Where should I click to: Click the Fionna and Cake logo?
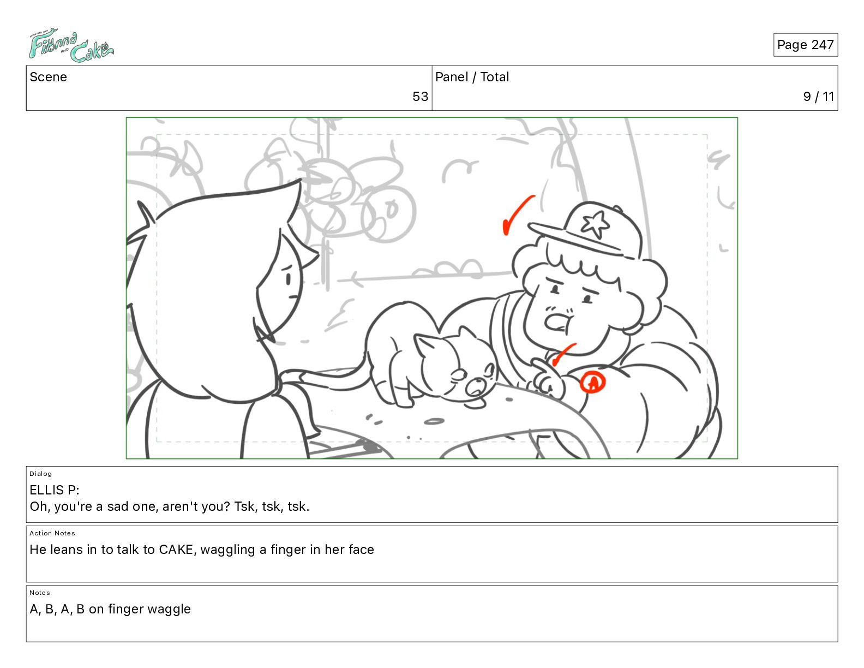click(x=71, y=45)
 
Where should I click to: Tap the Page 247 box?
click(x=805, y=45)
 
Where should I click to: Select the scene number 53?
click(x=420, y=97)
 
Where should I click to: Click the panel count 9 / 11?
click(x=818, y=97)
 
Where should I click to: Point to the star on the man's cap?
click(x=595, y=224)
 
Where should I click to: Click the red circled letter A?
click(x=592, y=383)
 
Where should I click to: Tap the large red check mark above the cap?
click(x=517, y=215)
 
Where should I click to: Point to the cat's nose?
click(x=475, y=386)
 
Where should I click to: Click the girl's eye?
click(x=288, y=279)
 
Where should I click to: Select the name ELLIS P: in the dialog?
click(x=55, y=490)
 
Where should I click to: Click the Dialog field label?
click(x=40, y=474)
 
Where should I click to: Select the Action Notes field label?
click(x=52, y=533)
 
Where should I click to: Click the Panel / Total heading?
click(x=472, y=77)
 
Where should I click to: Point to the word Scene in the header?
click(x=48, y=77)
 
